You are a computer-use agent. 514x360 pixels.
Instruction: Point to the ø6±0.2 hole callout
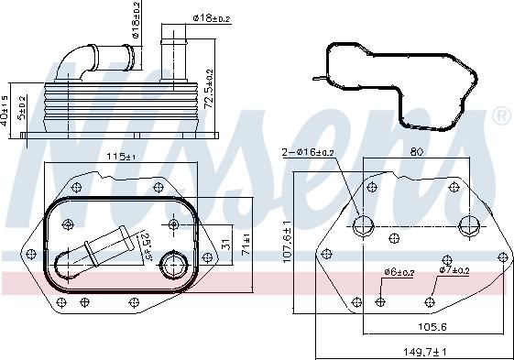(399, 272)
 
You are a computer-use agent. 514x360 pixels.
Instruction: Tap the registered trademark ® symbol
(502, 116)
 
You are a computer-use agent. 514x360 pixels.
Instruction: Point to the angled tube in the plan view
(96, 250)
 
